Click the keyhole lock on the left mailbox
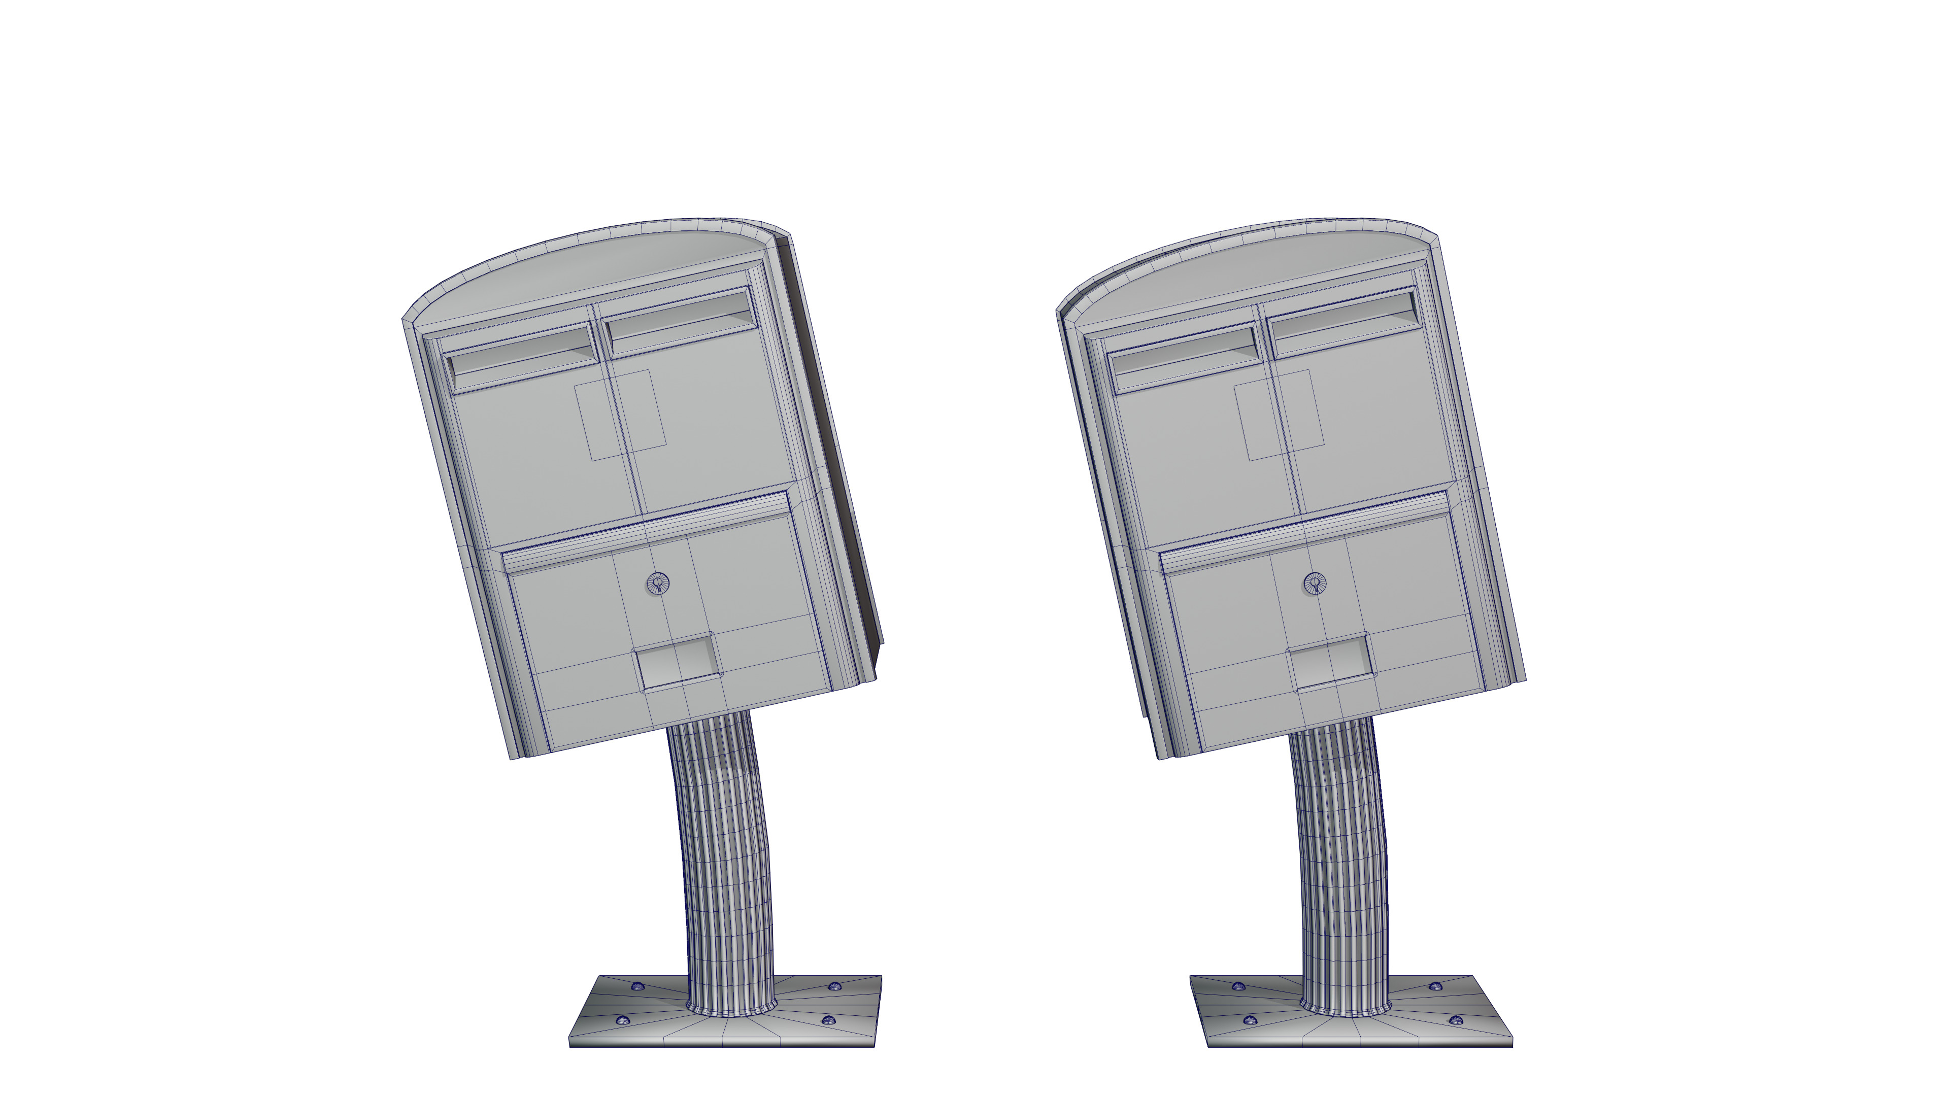657,583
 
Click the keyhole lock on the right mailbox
1315,583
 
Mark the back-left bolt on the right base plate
1238,986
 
